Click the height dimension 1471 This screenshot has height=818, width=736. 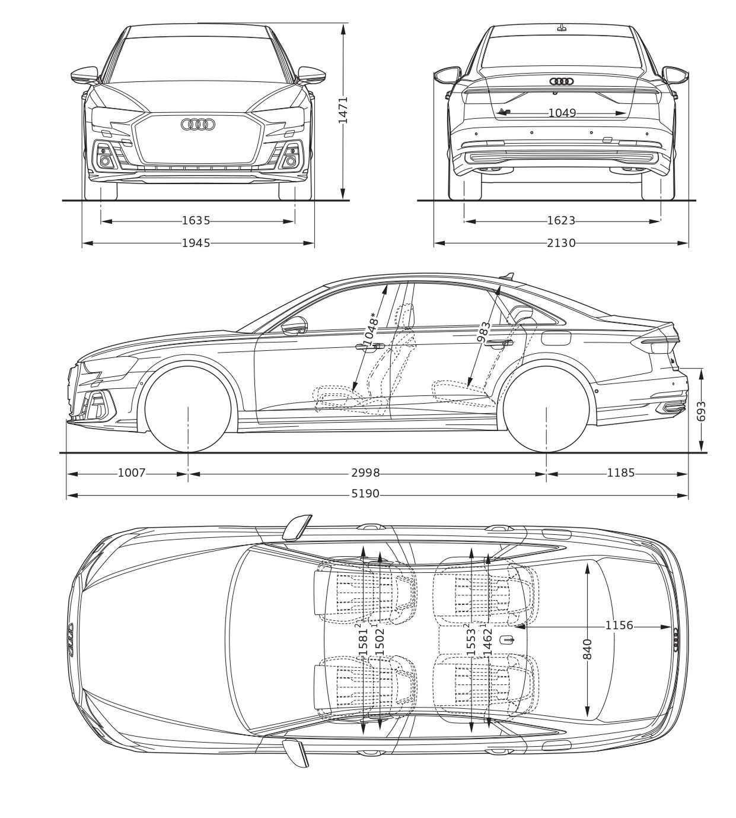(x=343, y=110)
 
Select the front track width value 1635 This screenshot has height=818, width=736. (x=196, y=221)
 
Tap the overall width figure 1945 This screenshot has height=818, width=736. (x=196, y=243)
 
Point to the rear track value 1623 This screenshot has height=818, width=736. (x=561, y=221)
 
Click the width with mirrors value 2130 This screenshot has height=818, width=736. (x=561, y=243)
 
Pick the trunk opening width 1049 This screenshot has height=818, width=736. (x=562, y=113)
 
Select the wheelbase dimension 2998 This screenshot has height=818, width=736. (x=365, y=473)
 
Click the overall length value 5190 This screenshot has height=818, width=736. (x=365, y=494)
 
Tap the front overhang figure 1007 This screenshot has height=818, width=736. (x=132, y=473)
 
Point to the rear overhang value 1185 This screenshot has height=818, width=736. (x=621, y=473)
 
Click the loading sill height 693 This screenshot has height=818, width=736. (x=701, y=411)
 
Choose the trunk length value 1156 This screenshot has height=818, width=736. (x=619, y=625)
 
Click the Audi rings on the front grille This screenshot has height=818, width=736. (x=198, y=125)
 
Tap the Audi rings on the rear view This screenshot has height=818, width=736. (x=562, y=81)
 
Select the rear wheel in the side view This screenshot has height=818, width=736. (x=546, y=409)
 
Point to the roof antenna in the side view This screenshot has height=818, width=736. (x=508, y=276)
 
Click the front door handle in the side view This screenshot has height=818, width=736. (x=369, y=347)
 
